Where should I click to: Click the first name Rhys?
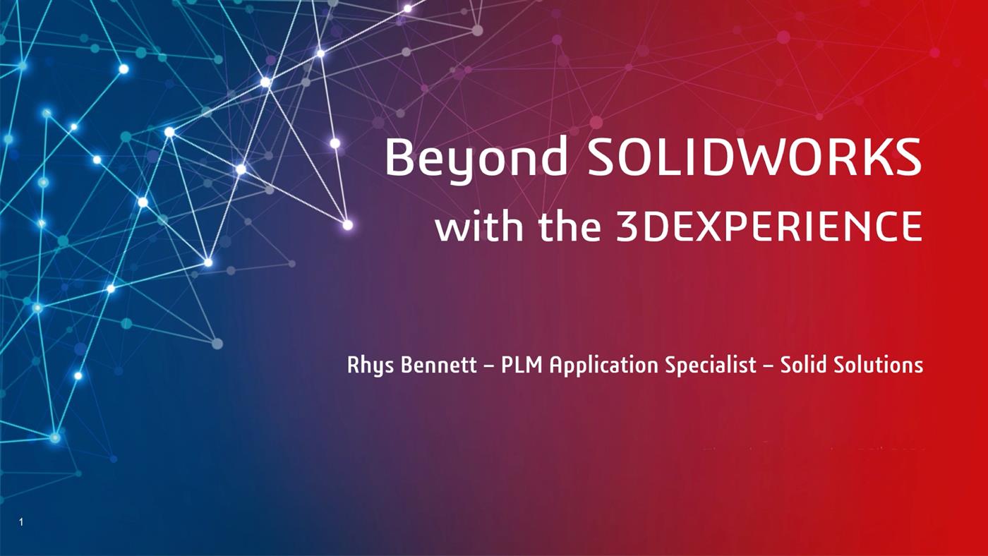coord(368,365)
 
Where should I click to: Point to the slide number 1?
coord(22,522)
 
